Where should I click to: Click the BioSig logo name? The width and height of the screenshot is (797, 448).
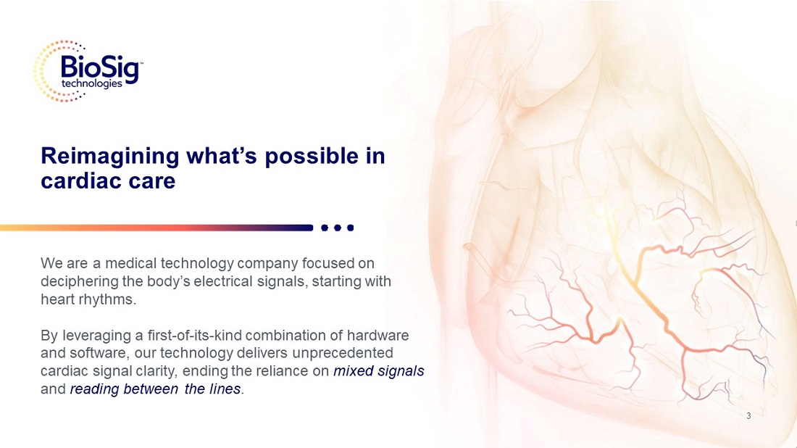pos(100,67)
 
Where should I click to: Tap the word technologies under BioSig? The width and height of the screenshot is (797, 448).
pos(92,83)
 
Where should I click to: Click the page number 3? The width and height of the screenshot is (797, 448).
pos(748,416)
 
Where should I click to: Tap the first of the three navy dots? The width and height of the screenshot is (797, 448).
pos(325,228)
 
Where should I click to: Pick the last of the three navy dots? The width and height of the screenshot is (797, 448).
pos(350,228)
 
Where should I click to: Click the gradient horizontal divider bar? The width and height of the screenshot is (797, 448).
pos(157,228)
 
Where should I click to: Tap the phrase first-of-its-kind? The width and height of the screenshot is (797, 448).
pos(190,336)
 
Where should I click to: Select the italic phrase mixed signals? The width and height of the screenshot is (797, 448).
pos(379,371)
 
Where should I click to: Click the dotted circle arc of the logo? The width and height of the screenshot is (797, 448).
pos(37,71)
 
